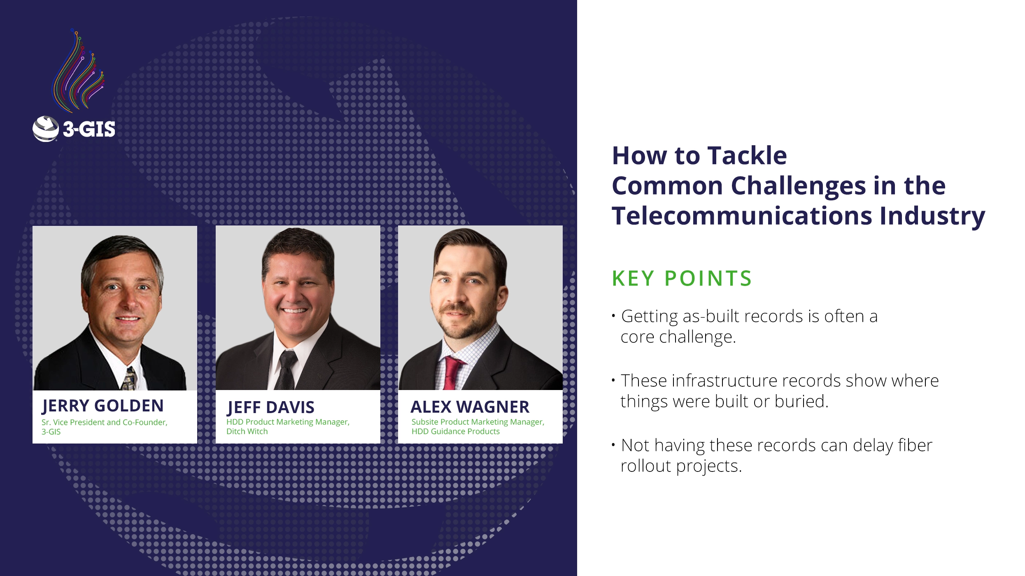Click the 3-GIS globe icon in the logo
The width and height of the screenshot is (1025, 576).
[x=46, y=129]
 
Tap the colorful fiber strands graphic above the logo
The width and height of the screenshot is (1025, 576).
[x=78, y=72]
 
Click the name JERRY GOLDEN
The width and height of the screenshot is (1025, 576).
[x=102, y=406]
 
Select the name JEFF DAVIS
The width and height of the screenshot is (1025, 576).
[x=270, y=407]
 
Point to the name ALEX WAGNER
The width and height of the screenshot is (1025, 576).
[x=470, y=407]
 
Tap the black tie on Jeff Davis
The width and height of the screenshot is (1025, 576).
[x=286, y=370]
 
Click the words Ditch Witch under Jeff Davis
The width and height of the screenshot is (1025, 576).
[x=247, y=431]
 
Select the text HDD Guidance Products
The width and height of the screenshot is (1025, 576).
[x=455, y=431]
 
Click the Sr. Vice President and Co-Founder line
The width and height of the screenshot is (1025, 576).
[x=104, y=422]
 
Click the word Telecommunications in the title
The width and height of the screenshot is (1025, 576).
[x=742, y=216]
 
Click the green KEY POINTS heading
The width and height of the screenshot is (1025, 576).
[x=682, y=278]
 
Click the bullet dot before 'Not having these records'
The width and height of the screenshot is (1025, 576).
[x=613, y=445]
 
